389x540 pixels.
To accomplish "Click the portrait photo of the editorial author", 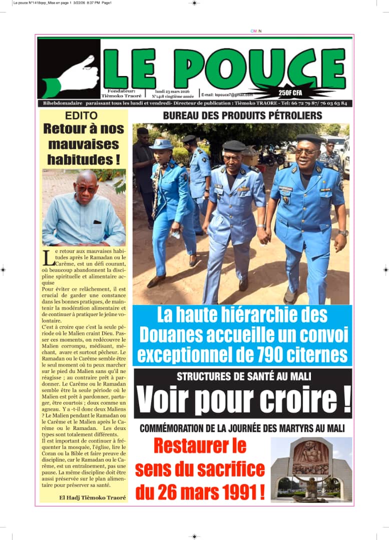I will [x=84, y=207].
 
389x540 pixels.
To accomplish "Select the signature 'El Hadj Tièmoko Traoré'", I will [x=93, y=497].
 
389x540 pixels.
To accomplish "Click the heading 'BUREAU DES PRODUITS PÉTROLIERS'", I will [x=242, y=116].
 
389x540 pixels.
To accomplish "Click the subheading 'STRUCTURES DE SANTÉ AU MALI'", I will [x=243, y=377].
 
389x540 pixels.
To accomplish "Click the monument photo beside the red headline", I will [x=311, y=469].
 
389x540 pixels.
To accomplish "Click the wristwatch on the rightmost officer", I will [x=342, y=233].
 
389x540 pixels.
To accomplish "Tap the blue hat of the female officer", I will [x=161, y=144].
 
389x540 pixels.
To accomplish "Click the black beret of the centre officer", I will [x=234, y=145].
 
